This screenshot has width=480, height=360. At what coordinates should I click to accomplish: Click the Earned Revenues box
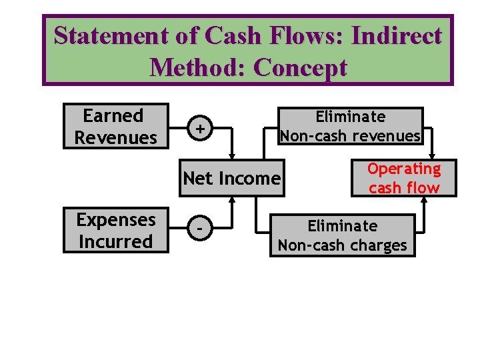(115, 126)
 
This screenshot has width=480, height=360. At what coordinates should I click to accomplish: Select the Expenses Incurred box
(115, 231)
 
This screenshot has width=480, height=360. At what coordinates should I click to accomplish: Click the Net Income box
(231, 178)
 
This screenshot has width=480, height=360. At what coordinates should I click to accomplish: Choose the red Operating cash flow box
(404, 178)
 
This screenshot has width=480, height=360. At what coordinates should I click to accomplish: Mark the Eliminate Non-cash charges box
(342, 235)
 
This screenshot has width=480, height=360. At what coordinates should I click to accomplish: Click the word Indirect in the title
(399, 36)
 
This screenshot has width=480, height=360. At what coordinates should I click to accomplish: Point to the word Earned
(113, 116)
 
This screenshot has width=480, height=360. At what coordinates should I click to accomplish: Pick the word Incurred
(115, 241)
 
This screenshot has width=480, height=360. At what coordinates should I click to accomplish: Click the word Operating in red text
(404, 169)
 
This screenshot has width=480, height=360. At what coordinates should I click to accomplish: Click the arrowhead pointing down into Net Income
(231, 157)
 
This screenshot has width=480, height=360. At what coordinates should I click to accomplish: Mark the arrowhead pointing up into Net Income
(231, 199)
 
